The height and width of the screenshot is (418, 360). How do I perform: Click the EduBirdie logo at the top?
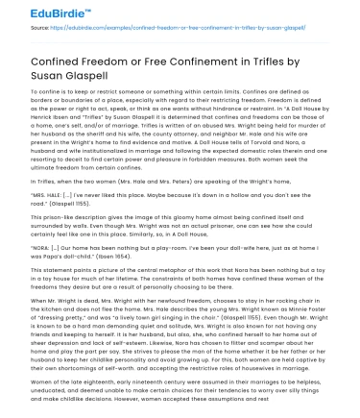42,13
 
